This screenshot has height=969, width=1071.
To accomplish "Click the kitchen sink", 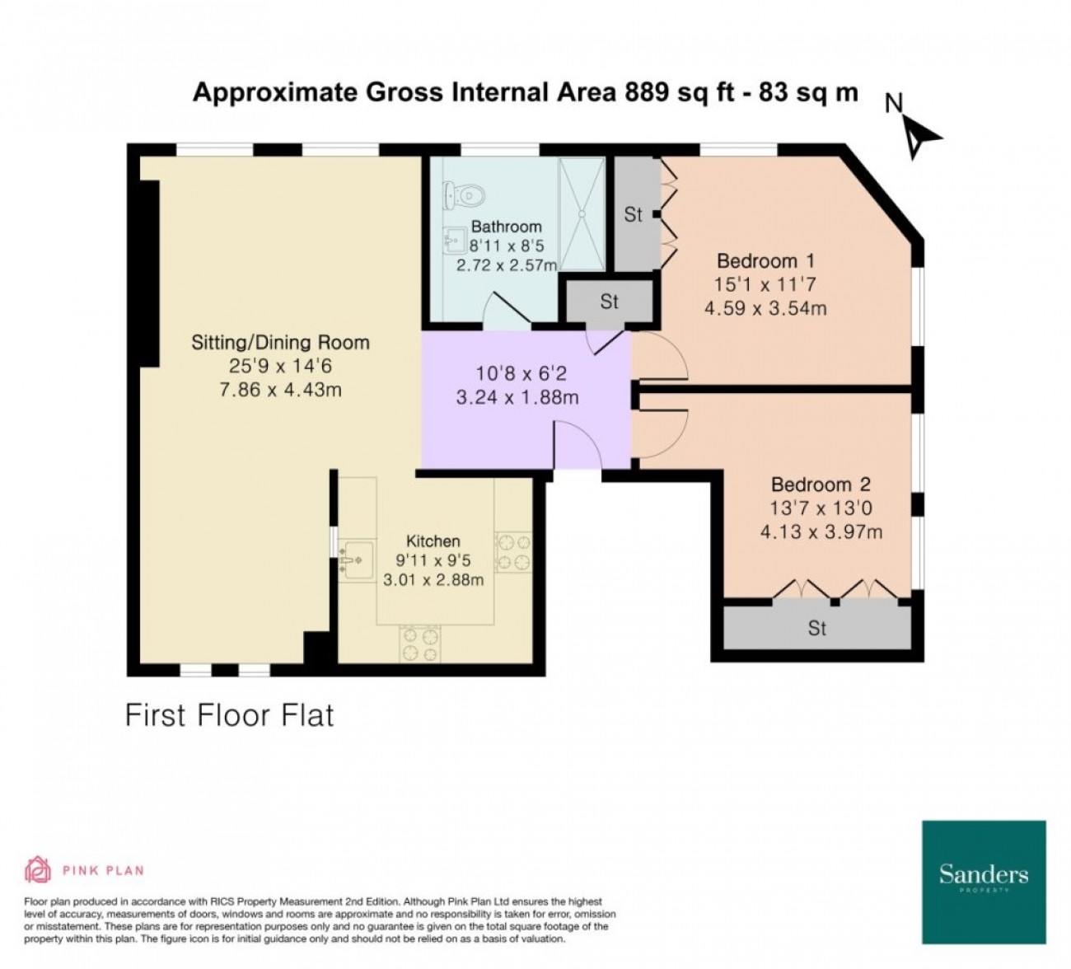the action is tap(358, 559).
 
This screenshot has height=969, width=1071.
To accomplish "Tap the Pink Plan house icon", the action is tap(38, 869).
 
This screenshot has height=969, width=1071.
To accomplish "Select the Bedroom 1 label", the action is tap(765, 261).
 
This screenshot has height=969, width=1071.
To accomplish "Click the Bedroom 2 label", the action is tap(821, 485).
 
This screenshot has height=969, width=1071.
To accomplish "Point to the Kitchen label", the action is tap(433, 541).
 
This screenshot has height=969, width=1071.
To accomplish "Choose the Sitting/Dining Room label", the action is tap(280, 342).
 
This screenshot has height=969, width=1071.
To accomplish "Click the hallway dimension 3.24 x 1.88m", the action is tap(517, 397).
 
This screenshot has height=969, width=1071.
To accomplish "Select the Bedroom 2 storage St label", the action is tap(817, 628).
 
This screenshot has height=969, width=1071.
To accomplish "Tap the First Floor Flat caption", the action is tap(230, 715).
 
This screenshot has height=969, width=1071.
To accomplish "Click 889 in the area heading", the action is tap(647, 92).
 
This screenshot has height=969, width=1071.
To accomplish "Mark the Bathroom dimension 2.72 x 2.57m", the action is tap(506, 265).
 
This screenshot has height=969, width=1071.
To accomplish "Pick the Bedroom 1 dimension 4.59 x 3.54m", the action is tap(765, 308).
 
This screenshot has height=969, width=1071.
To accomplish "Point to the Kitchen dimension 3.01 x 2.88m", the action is tap(433, 579).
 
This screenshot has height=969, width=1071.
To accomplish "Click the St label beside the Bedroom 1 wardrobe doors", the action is tap(634, 215).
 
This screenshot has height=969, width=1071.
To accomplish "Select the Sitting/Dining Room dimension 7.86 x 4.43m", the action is tap(280, 390).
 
